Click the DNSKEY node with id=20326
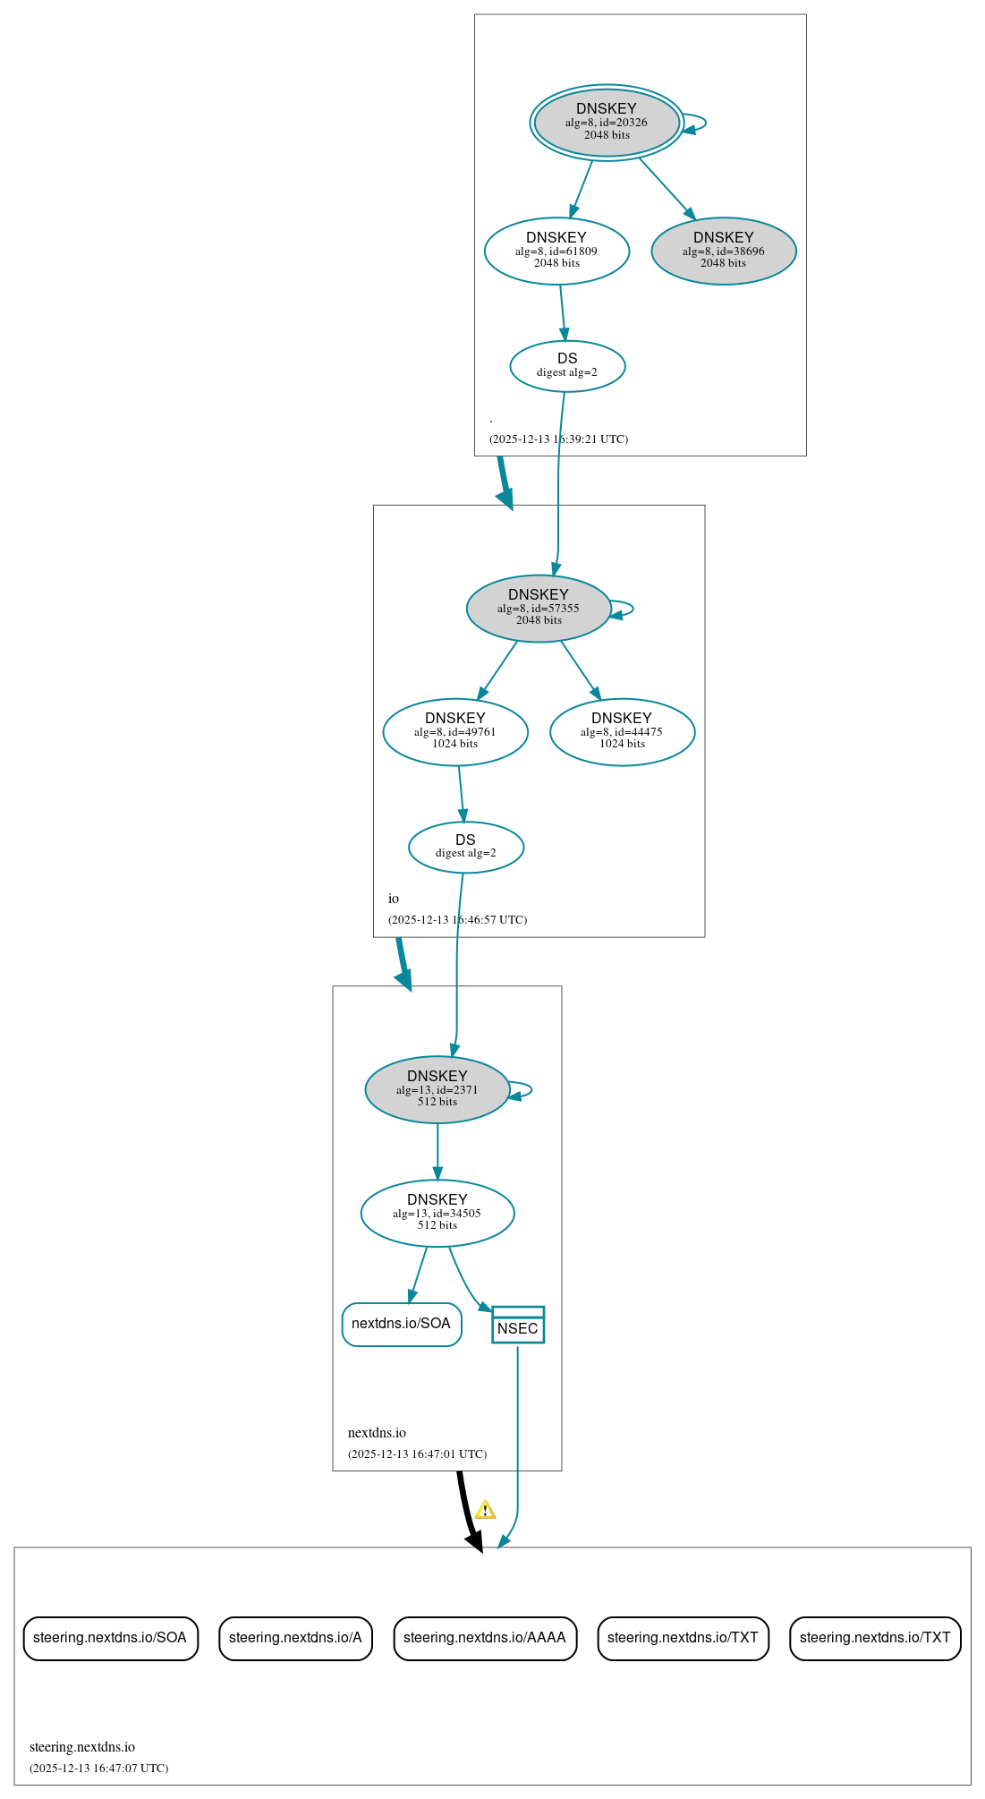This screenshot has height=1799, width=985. click(607, 123)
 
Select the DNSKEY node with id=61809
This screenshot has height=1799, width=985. click(556, 251)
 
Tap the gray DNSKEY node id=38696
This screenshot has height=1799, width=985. click(723, 251)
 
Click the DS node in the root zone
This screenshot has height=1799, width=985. click(567, 365)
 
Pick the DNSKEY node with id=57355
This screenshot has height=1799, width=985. click(539, 608)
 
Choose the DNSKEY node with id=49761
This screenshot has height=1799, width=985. click(455, 731)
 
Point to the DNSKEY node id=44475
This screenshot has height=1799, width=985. click(622, 731)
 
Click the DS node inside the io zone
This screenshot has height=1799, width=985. click(465, 846)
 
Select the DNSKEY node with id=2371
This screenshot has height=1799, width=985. click(437, 1089)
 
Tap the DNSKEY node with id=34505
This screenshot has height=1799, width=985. click(437, 1213)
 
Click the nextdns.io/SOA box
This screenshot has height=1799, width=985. click(402, 1324)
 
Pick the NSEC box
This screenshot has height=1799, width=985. click(518, 1325)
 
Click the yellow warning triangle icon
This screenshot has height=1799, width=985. click(485, 1511)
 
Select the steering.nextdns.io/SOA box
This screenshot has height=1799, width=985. click(110, 1638)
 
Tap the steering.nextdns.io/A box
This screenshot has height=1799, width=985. click(295, 1638)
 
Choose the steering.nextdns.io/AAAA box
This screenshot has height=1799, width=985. click(485, 1638)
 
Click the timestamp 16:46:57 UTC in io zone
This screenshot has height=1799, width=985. click(457, 920)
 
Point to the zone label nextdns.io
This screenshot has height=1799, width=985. click(377, 1433)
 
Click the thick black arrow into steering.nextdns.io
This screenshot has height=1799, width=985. click(466, 1513)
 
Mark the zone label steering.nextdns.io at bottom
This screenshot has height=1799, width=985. click(82, 1747)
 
